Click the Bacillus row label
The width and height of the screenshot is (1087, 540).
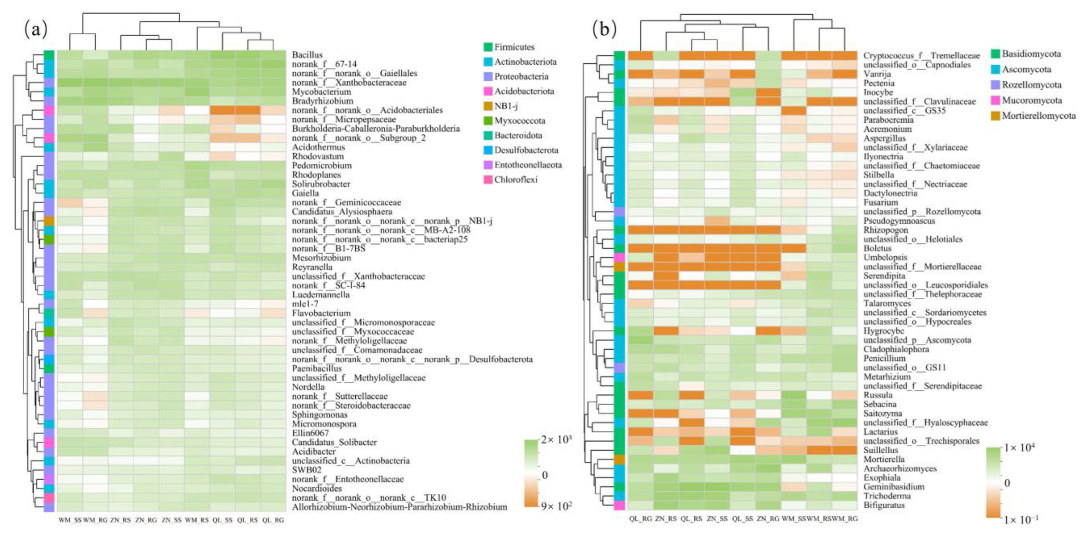tap(307, 55)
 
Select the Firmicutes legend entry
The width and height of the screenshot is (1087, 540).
tap(514, 47)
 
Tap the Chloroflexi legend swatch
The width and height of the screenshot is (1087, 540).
tap(489, 180)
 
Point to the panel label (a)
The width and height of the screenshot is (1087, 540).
tap(36, 30)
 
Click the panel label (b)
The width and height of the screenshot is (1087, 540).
tap(604, 30)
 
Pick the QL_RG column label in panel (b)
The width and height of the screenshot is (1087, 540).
tap(640, 519)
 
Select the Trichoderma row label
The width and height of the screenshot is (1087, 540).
tap(887, 496)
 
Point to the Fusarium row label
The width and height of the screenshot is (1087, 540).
tap(881, 203)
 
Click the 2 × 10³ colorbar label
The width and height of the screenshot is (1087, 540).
tap(556, 440)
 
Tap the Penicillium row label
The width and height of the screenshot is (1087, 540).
tap(884, 358)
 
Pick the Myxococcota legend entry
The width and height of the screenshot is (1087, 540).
tap(519, 121)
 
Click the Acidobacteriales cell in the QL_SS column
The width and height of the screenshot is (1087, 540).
tap(222, 110)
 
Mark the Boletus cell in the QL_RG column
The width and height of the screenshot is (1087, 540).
tap(640, 248)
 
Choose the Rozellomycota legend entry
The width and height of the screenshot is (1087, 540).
tap(1031, 85)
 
